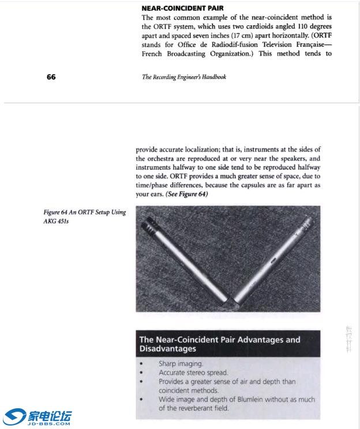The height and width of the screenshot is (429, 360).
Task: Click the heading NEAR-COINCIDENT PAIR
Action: [182, 9]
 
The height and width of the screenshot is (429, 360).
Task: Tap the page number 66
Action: [51, 77]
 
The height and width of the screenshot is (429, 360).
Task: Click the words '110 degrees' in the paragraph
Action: [313, 27]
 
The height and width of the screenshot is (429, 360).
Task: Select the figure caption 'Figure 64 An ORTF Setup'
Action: [84, 212]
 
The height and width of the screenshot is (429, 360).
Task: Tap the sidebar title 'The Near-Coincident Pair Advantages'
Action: [220, 340]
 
